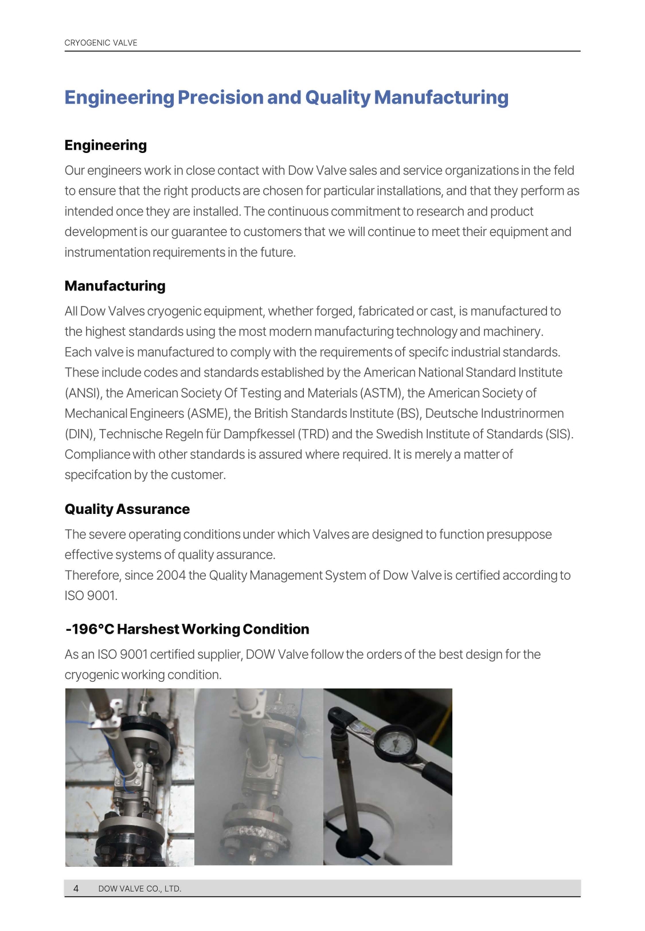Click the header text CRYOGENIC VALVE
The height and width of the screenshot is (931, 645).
(x=101, y=43)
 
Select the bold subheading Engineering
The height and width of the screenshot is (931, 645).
(x=105, y=146)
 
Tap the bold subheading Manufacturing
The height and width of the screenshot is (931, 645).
(x=115, y=286)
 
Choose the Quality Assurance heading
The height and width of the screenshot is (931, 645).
(x=127, y=509)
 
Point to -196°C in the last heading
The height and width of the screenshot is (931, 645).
(x=89, y=629)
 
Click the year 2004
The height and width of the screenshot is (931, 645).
(x=171, y=575)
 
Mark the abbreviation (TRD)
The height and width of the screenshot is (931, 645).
(x=313, y=434)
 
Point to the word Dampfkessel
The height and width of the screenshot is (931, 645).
(x=259, y=434)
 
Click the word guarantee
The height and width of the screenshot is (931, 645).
(x=199, y=232)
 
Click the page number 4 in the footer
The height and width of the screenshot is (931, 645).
(x=76, y=889)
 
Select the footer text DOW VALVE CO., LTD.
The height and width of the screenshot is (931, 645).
(x=139, y=889)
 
